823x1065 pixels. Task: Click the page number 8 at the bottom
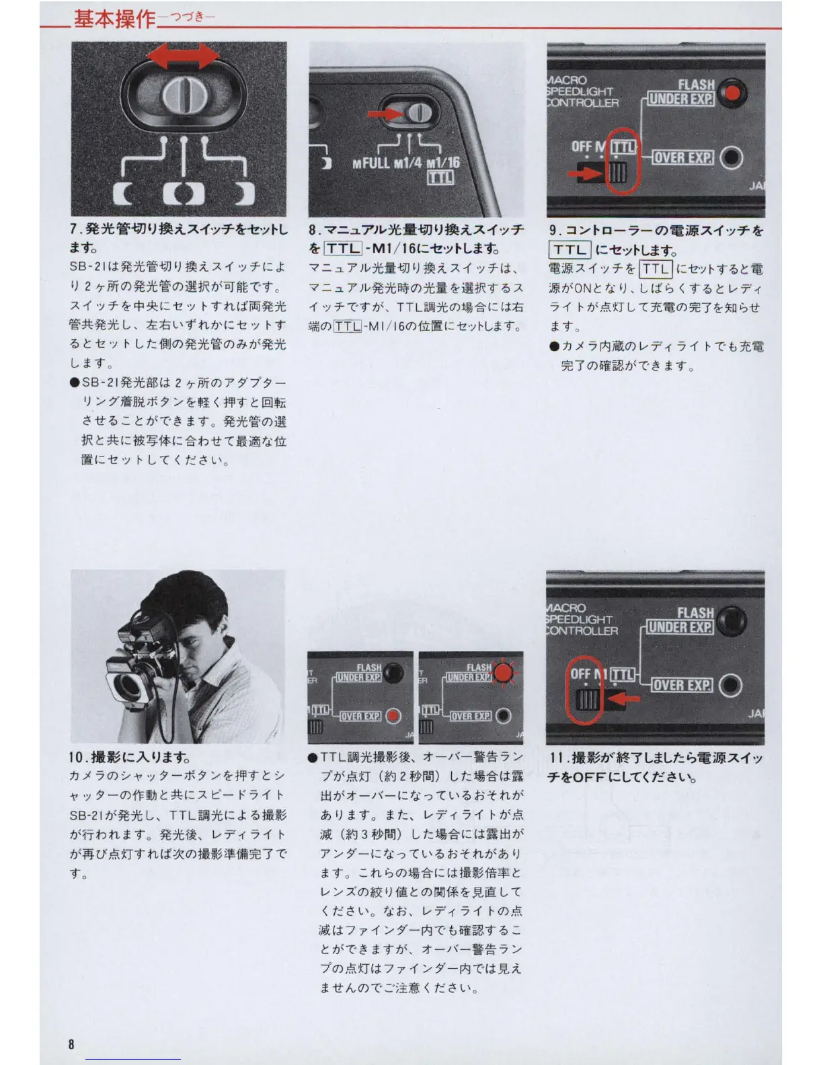(x=71, y=1044)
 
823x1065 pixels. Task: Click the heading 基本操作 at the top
(x=114, y=19)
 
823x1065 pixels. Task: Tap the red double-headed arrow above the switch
(x=184, y=56)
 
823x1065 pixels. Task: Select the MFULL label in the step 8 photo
(x=371, y=163)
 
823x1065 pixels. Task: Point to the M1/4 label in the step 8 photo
(x=407, y=163)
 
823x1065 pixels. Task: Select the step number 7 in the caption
(x=74, y=229)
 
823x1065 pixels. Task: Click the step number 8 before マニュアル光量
(x=313, y=230)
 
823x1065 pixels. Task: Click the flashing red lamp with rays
(x=504, y=673)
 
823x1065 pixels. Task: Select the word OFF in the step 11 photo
(x=580, y=674)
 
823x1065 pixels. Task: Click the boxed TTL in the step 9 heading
(x=570, y=250)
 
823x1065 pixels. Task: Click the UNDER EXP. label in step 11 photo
(x=680, y=627)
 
